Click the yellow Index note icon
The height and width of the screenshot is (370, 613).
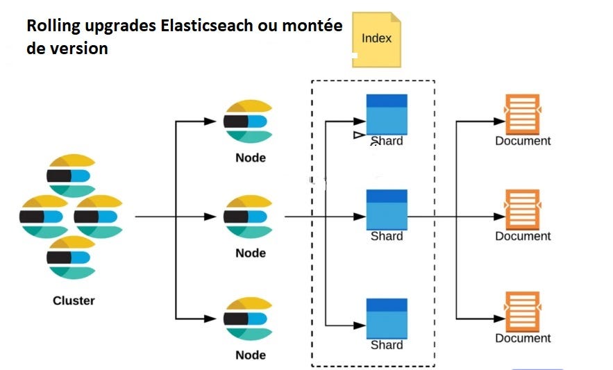[376, 39]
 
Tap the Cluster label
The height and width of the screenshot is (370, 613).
[74, 301]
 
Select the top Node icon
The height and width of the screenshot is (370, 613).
[247, 121]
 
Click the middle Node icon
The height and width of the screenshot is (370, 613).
[247, 217]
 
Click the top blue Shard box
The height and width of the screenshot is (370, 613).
[387, 115]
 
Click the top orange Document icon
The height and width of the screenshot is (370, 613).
[522, 115]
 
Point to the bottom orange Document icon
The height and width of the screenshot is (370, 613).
[522, 312]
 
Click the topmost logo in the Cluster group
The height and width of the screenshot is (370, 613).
[72, 176]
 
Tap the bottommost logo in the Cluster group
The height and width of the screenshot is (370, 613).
[72, 258]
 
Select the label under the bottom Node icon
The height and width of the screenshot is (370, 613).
[251, 355]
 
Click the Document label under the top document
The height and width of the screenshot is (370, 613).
[523, 141]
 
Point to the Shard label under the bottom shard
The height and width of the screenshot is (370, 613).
[387, 345]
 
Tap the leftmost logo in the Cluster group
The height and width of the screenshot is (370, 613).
[44, 217]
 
